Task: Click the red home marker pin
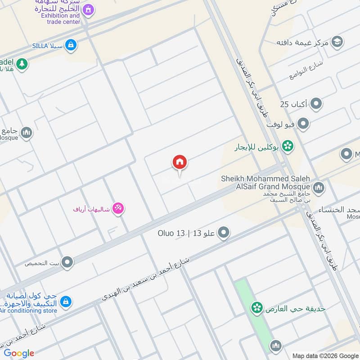[180, 163]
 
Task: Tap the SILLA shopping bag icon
[70, 45]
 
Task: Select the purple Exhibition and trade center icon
[89, 9]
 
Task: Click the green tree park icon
[22, 64]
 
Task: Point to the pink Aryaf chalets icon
[118, 208]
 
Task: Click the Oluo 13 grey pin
[224, 233]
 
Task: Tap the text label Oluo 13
[171, 233]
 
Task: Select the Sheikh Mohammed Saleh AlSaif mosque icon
[319, 187]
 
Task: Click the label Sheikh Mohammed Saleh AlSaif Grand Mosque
[265, 182]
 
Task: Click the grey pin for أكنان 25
[317, 104]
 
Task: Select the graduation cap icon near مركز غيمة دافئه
[337, 42]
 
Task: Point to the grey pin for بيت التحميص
[67, 261]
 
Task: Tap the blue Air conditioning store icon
[66, 301]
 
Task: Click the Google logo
[19, 353]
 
